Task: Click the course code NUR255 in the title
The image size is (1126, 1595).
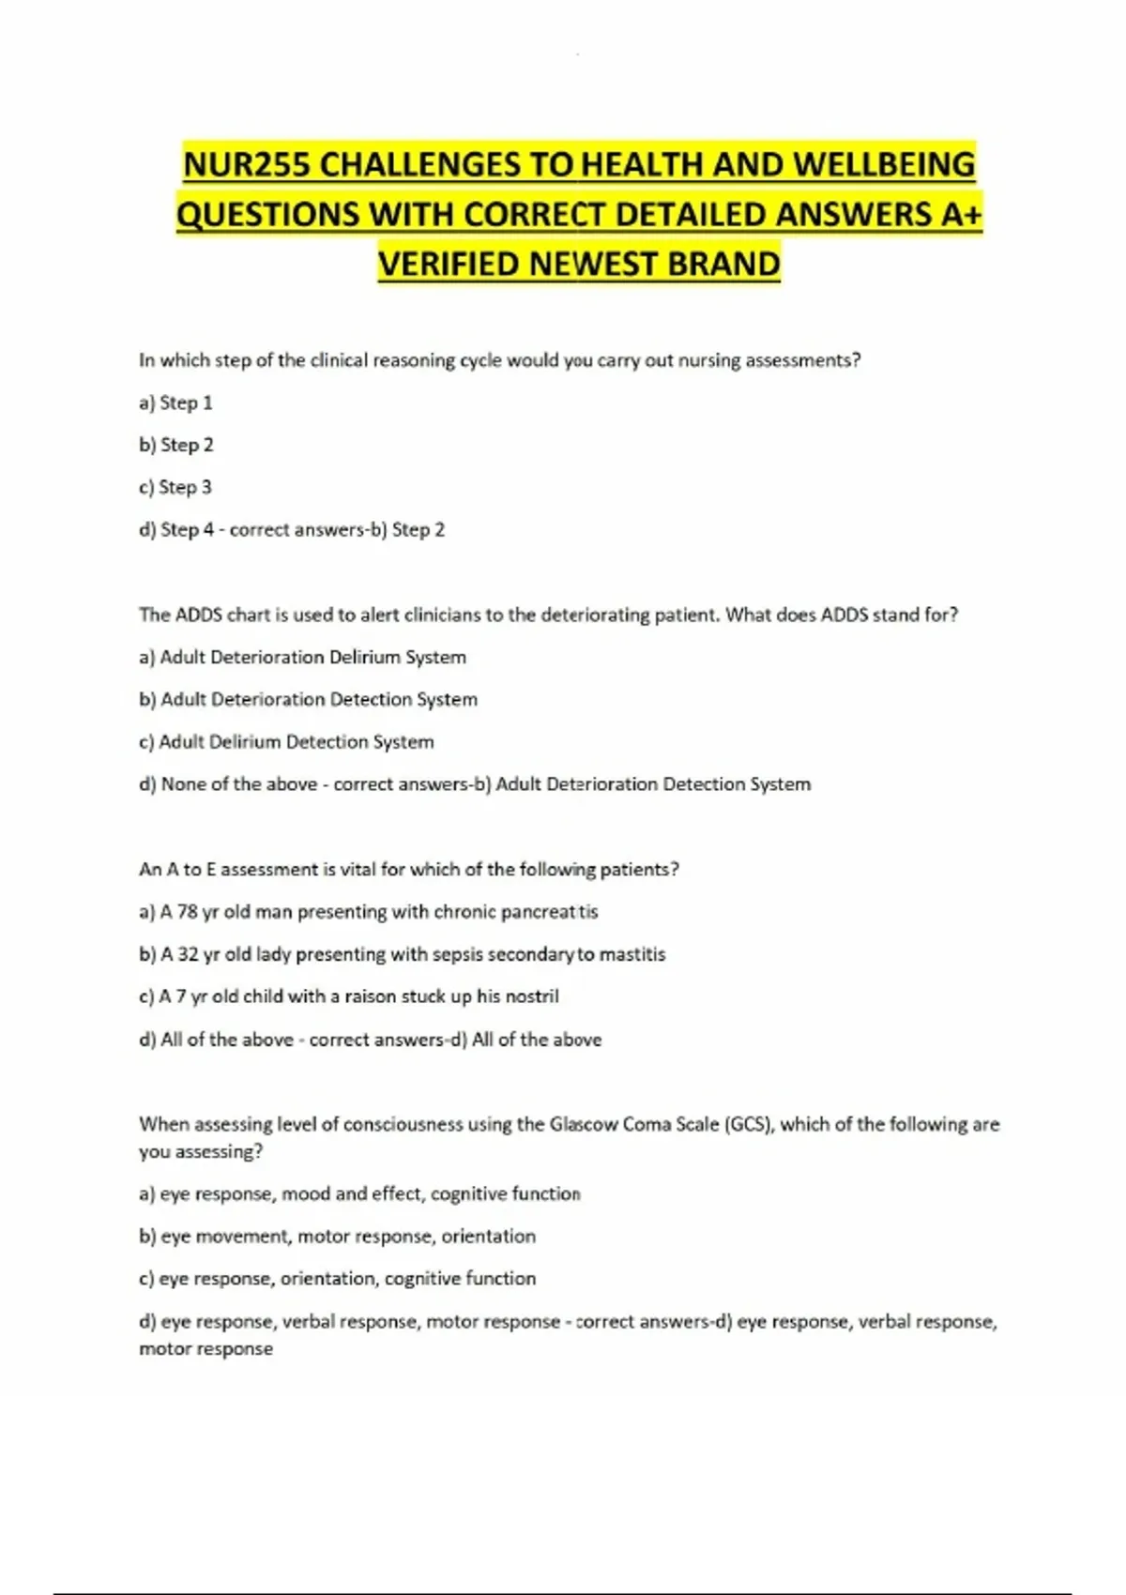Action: pos(246,165)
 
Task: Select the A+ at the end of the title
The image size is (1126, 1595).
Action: pos(959,215)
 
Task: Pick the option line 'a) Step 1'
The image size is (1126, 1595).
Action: pos(175,403)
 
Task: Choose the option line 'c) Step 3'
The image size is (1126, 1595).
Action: pos(175,488)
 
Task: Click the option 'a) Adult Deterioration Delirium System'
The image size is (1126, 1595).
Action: pos(302,658)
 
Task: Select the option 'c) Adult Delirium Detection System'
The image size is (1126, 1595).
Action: pos(286,742)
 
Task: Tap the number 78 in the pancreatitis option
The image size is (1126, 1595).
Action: pos(187,912)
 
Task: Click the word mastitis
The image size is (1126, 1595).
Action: pos(632,954)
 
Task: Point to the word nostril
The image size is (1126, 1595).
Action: pos(532,996)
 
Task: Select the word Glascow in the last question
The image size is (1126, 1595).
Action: pos(583,1124)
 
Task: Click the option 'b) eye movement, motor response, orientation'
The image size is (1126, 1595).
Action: pos(338,1237)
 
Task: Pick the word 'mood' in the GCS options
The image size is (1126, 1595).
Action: pos(305,1194)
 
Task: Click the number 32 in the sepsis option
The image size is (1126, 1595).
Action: pos(188,954)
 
